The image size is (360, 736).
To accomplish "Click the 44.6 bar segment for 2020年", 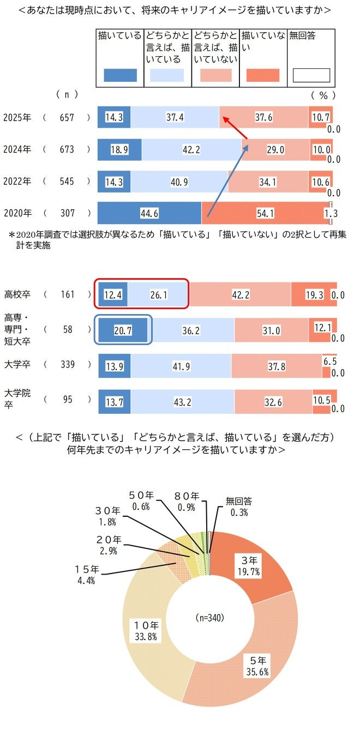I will [x=149, y=213].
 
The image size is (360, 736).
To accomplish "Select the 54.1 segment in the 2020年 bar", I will [x=266, y=213].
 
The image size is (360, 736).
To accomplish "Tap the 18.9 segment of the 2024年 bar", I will [x=119, y=150].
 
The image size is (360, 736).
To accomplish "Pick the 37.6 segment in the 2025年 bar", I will [x=263, y=117].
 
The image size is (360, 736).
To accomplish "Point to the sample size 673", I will [x=67, y=150].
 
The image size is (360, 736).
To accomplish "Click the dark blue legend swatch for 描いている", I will [x=120, y=75].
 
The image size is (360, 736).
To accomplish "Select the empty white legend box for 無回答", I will [x=311, y=75].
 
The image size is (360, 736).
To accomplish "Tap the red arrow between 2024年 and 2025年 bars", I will [x=234, y=126].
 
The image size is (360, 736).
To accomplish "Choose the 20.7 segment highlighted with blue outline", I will [x=123, y=331].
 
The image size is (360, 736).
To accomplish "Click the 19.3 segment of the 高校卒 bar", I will [x=314, y=295].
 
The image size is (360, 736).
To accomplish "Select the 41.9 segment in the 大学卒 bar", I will [x=181, y=366].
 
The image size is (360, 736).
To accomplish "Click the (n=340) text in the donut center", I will [x=210, y=618].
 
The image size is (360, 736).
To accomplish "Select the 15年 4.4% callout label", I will [x=86, y=575].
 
